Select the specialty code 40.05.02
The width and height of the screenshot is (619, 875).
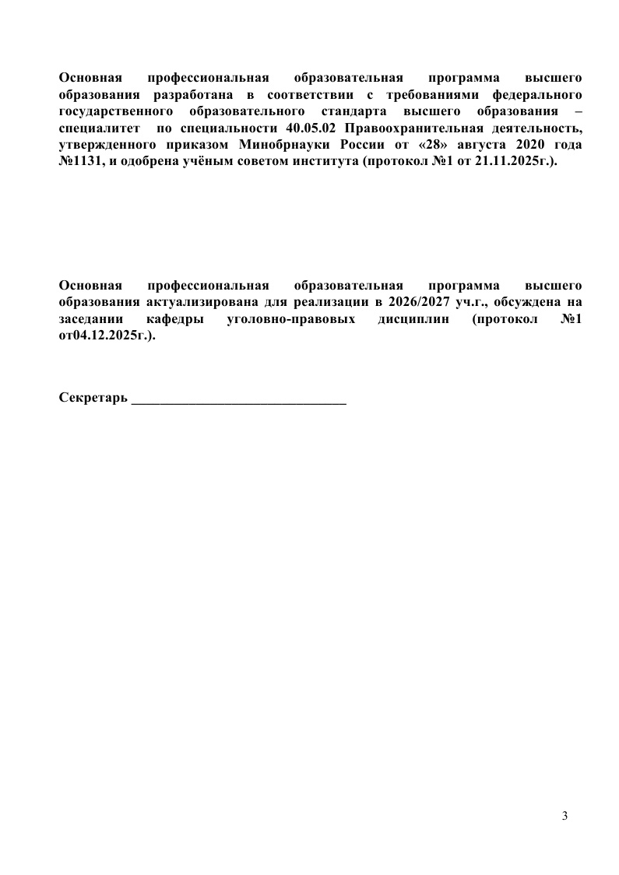point(306,127)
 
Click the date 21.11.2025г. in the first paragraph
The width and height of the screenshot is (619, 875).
point(519,160)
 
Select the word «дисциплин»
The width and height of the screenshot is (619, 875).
point(414,319)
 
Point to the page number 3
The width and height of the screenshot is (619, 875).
point(564,816)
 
